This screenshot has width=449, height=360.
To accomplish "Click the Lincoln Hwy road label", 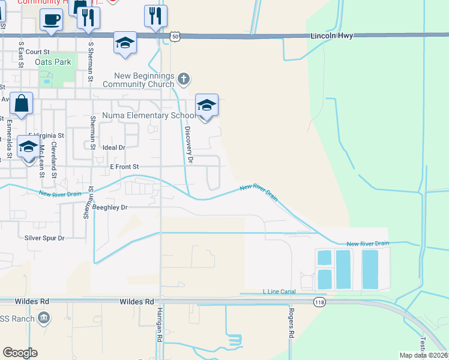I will [x=331, y=36].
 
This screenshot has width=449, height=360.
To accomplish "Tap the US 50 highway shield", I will [x=173, y=36].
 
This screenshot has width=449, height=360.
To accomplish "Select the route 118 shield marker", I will [x=316, y=301].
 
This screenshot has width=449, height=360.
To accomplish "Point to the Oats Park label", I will [x=53, y=62].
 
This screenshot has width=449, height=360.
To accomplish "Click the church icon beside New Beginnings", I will [x=184, y=79].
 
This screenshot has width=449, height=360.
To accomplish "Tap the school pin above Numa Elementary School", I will [x=206, y=106].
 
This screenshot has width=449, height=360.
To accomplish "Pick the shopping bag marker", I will [x=22, y=103].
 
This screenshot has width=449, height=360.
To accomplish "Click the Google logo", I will [x=20, y=353].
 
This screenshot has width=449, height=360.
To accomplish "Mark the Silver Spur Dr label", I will [x=44, y=238].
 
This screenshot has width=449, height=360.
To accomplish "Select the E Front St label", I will [x=124, y=166].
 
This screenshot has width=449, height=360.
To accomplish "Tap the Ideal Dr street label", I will [x=113, y=147].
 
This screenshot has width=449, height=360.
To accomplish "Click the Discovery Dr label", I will [x=188, y=145].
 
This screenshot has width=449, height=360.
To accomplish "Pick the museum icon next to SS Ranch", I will [x=43, y=317].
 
